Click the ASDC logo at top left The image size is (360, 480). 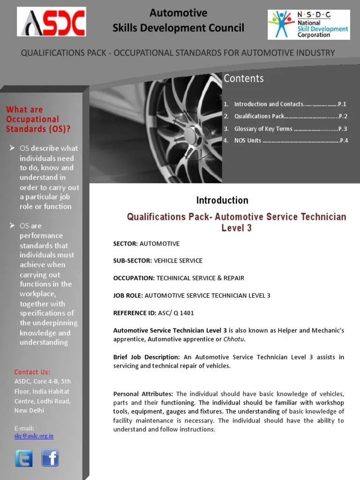pyautogui.click(x=52, y=22)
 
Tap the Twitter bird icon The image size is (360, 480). pyautogui.click(x=23, y=458)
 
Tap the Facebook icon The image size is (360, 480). pyautogui.click(x=50, y=458)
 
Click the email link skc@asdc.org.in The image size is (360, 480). pyautogui.click(x=34, y=436)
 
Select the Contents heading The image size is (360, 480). pyautogui.click(x=244, y=78)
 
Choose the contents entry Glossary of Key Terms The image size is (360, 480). pyautogui.click(x=263, y=128)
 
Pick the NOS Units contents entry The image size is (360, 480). pyautogui.click(x=248, y=141)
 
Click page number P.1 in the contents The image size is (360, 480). pyautogui.click(x=342, y=104)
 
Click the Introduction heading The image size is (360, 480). pyautogui.click(x=222, y=201)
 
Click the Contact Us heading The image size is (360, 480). pyautogui.click(x=32, y=372)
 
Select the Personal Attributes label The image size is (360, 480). pyautogui.click(x=143, y=394)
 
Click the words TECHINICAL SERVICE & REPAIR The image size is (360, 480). pyautogui.click(x=200, y=278)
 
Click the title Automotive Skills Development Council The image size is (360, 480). pyautogui.click(x=178, y=21)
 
